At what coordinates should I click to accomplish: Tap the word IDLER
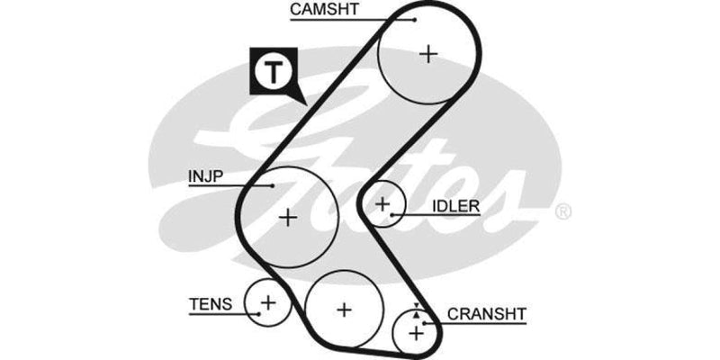point(455,206)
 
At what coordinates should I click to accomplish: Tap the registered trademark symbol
point(563,212)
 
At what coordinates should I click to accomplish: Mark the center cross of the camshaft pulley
point(428,53)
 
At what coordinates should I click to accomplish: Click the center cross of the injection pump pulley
point(287,217)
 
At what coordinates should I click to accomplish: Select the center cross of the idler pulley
point(382,205)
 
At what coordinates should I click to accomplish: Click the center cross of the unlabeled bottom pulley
point(343,310)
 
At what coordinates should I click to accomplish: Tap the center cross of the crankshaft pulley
point(415,333)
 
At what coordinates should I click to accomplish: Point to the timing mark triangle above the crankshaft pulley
point(415,307)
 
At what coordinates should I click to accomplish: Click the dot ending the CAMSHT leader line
point(415,19)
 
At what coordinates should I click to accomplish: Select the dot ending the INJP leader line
point(273,185)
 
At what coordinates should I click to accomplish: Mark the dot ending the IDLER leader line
point(393,215)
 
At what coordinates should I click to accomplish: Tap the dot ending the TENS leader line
point(259,312)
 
